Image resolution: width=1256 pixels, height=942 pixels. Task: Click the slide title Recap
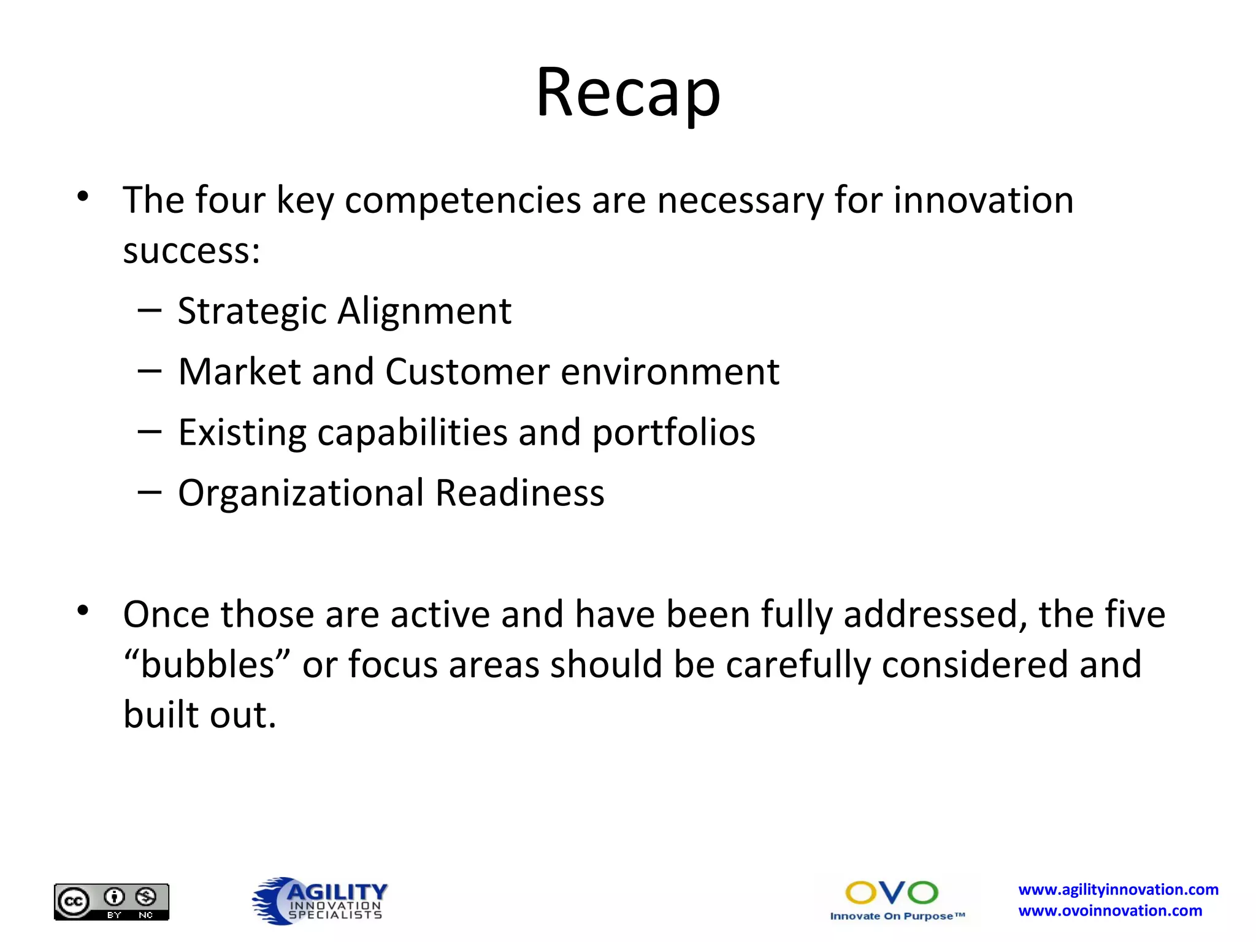point(628,93)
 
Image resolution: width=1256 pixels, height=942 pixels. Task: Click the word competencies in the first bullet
point(462,201)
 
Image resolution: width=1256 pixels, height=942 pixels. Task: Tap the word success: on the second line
point(191,251)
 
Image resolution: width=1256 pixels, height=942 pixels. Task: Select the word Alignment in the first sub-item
point(424,311)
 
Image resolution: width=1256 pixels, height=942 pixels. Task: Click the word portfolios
point(673,432)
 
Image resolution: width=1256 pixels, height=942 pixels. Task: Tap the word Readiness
point(520,493)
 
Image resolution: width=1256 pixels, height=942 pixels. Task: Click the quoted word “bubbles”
point(206,665)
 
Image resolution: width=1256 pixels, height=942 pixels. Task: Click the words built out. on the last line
point(200,715)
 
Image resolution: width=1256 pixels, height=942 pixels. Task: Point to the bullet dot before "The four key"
point(83,197)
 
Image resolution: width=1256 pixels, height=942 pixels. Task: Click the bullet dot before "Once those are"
point(83,611)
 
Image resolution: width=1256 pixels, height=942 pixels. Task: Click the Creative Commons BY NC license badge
point(112,902)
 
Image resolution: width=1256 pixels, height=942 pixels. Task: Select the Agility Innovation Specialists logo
point(320,900)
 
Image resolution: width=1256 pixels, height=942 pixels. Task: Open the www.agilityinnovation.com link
point(1118,889)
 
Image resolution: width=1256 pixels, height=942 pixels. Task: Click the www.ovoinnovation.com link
point(1110,911)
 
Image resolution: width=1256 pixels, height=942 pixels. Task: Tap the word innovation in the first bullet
point(983,201)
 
